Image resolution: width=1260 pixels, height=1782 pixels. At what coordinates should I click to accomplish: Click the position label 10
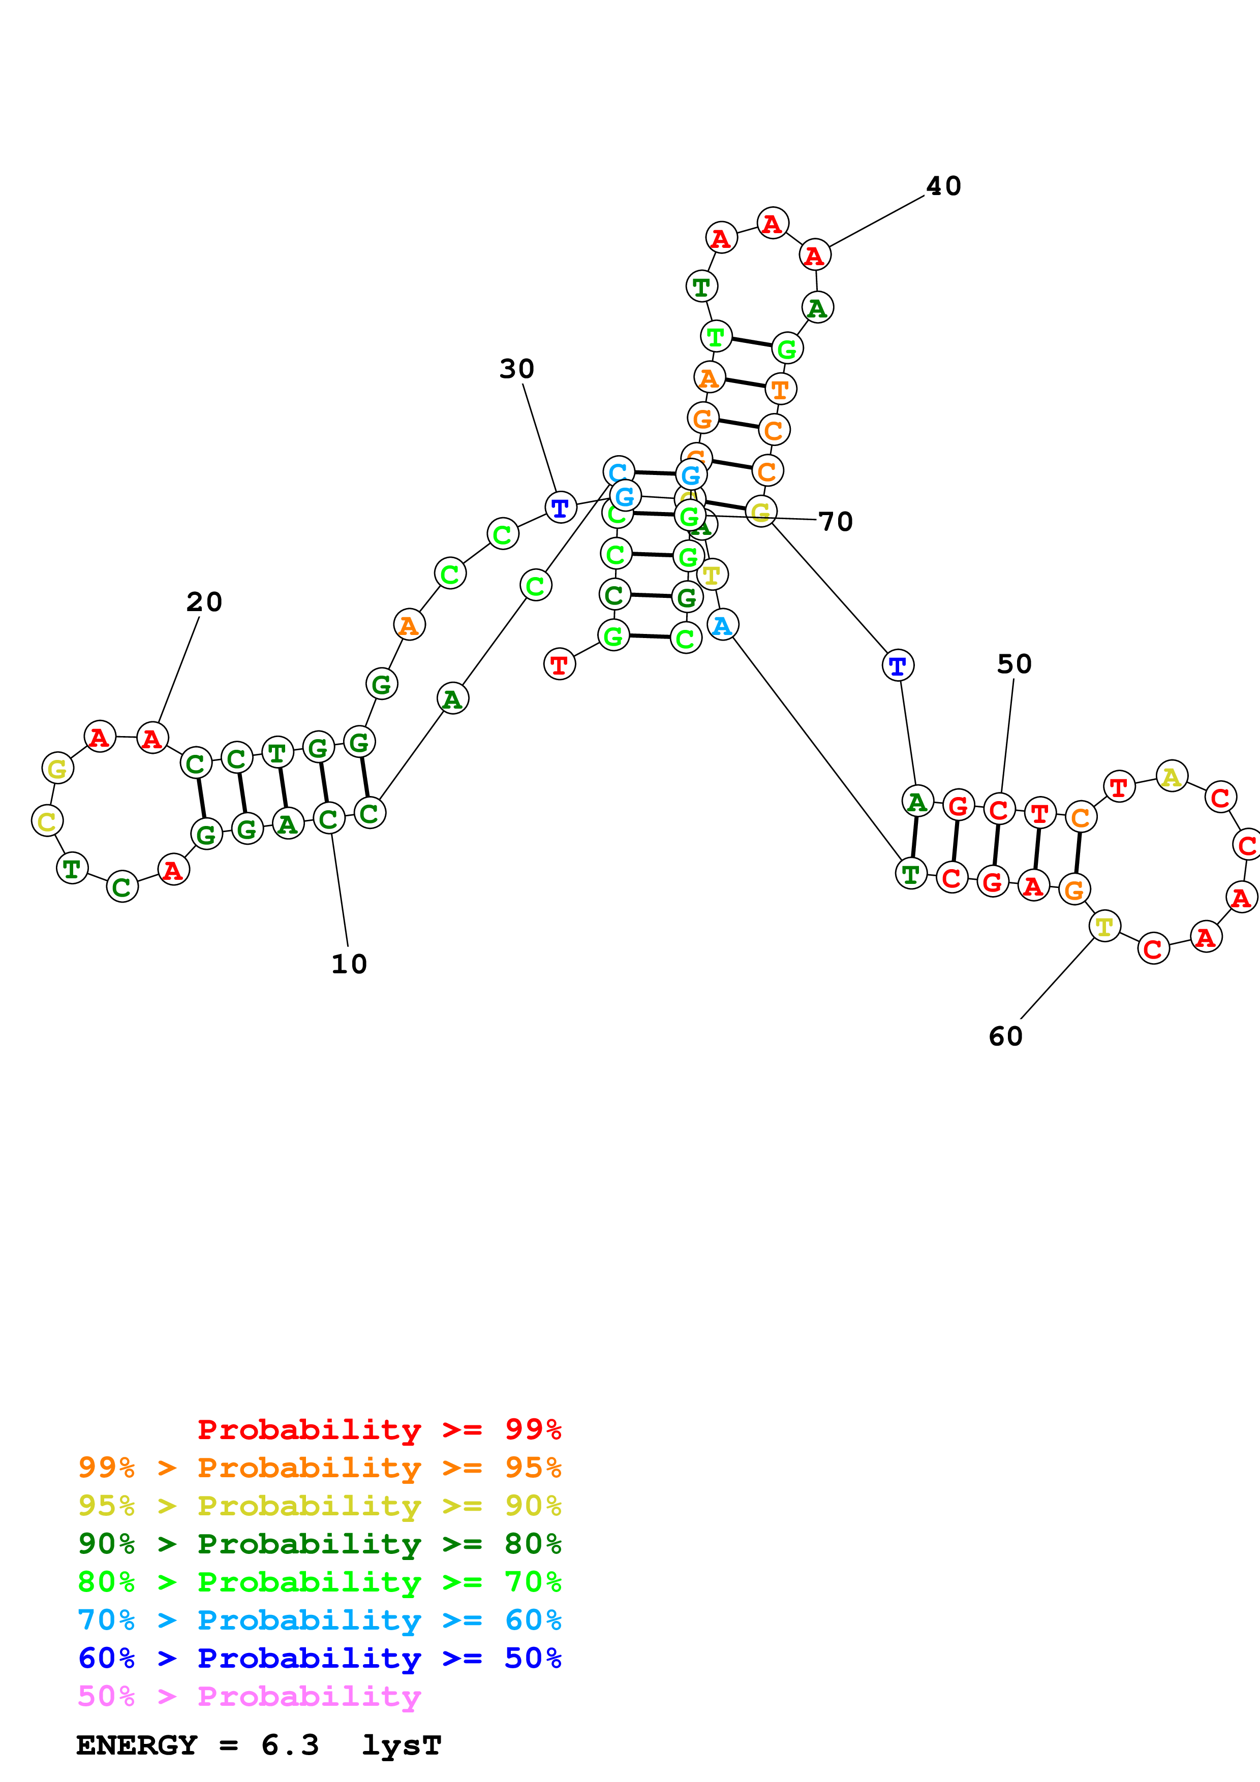tap(349, 964)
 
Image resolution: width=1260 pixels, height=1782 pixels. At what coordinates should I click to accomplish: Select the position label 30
tap(516, 369)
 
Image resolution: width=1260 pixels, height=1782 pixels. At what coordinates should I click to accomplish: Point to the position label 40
tap(943, 186)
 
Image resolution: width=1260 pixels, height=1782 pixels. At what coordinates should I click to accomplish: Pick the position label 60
tap(1005, 1036)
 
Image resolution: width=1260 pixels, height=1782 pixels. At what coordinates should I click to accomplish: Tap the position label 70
tap(836, 522)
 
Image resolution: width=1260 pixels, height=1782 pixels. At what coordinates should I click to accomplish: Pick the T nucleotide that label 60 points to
tap(1104, 926)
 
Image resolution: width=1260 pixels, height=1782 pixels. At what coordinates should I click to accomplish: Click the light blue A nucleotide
tap(722, 625)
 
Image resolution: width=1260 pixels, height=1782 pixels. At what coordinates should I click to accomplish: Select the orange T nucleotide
tap(780, 389)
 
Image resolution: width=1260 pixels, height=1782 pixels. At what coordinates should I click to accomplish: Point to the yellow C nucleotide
tap(47, 821)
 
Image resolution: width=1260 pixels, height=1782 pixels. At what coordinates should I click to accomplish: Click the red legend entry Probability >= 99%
tap(379, 1429)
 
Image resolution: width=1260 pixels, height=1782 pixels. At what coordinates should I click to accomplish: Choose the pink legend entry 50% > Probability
tap(249, 1697)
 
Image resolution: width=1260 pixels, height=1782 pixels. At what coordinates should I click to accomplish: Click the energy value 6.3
tap(290, 1745)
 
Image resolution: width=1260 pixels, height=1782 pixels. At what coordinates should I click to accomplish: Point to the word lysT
tap(402, 1745)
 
